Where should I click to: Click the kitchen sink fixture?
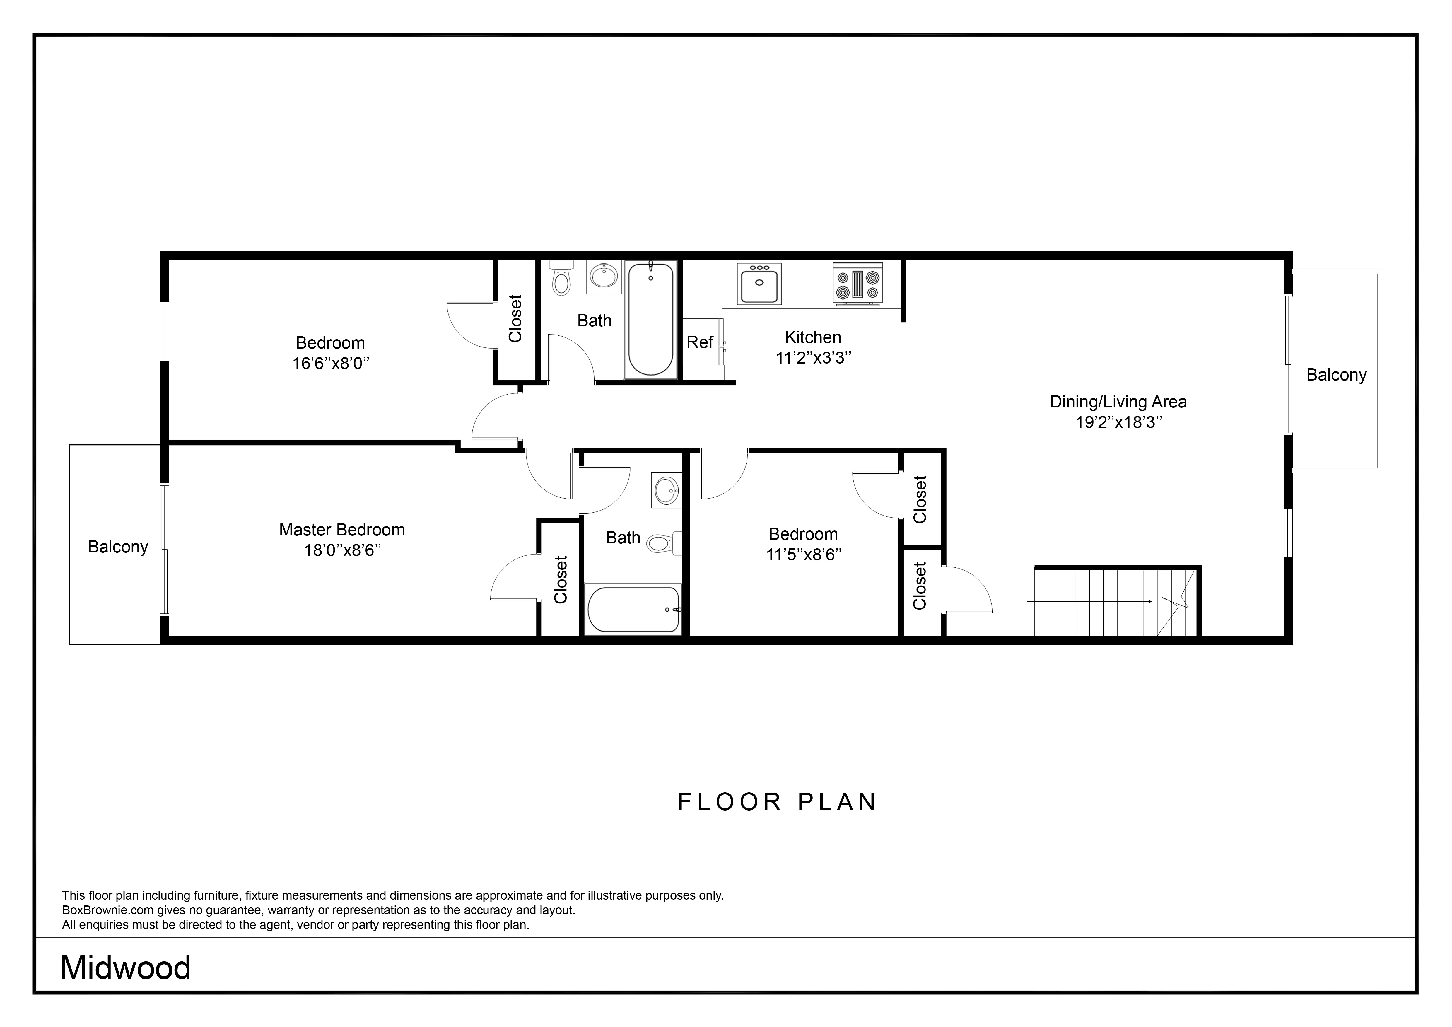click(x=759, y=283)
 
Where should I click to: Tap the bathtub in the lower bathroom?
click(x=633, y=610)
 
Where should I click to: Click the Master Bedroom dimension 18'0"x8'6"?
click(x=342, y=550)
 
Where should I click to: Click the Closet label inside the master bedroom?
click(x=560, y=579)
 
